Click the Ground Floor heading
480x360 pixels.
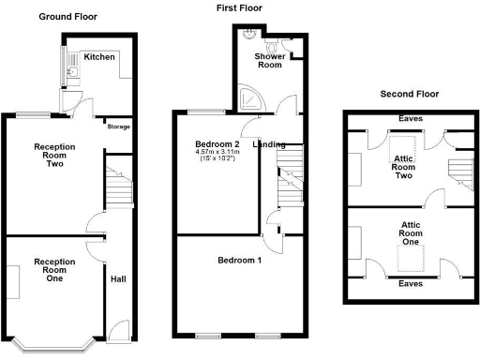[x=67, y=17]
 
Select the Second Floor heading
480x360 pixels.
[x=409, y=94]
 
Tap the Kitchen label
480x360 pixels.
[x=99, y=57]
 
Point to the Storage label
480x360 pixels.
[x=118, y=127]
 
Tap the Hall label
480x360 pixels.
[x=118, y=278]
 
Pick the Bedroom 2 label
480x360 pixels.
[x=217, y=143]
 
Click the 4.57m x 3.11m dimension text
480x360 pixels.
[x=217, y=152]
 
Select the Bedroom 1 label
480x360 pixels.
[x=240, y=260]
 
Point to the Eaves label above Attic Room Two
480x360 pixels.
[x=410, y=119]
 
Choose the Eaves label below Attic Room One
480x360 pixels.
[x=410, y=282]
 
